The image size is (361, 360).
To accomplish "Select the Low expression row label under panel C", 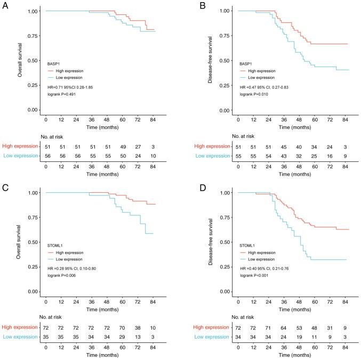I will [x=19, y=337].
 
